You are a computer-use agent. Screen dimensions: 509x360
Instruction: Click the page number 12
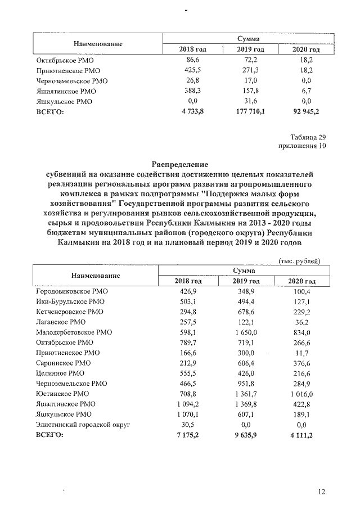[321, 492]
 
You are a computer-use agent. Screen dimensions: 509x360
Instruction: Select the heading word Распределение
[179, 165]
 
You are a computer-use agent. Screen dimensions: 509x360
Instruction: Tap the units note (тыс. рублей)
[299, 260]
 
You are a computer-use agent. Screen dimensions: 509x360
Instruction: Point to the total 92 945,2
[302, 111]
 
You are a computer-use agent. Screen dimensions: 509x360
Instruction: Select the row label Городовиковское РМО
[71, 291]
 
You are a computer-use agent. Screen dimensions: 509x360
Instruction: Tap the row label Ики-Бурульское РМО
[70, 301]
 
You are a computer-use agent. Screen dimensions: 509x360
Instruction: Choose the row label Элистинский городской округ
[83, 425]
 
